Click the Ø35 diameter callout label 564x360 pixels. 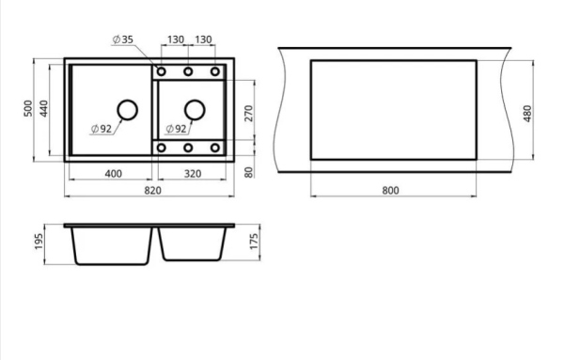click(123, 39)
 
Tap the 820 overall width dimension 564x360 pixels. click(153, 190)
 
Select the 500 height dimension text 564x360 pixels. click(28, 108)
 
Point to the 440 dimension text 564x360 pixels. click(43, 108)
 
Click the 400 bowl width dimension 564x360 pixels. click(114, 174)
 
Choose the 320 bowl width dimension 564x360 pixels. click(193, 174)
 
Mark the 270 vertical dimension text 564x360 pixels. click(248, 114)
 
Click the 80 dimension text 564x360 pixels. click(248, 172)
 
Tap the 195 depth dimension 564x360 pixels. click(39, 242)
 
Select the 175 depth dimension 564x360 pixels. click(254, 242)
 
